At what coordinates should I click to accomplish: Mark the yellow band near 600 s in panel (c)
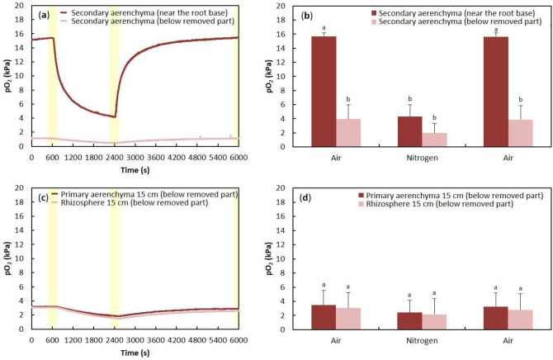(x=52, y=264)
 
